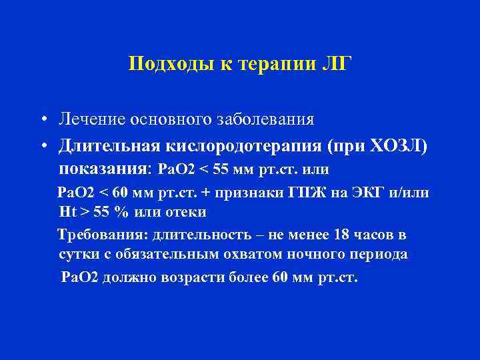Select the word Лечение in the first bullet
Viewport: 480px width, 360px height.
coord(93,121)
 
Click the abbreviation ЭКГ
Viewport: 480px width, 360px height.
coord(366,193)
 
